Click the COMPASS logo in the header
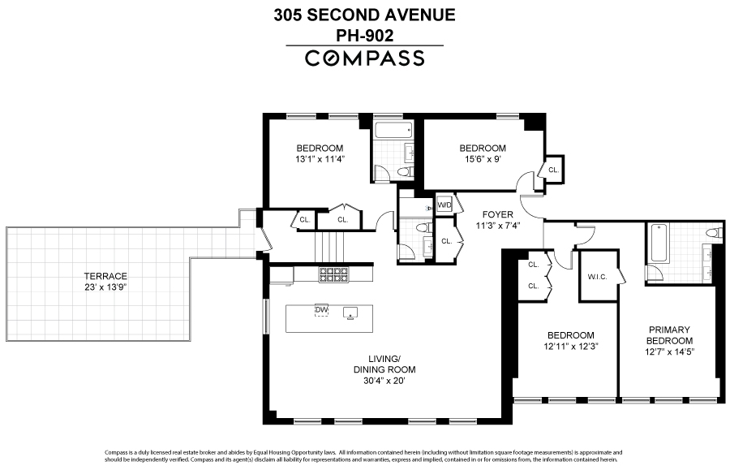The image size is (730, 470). [364, 58]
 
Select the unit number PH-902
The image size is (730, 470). [364, 35]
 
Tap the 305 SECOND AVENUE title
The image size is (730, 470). [364, 14]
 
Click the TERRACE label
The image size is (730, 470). [105, 276]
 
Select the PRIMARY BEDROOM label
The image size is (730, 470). [669, 334]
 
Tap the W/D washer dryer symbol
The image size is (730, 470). [444, 205]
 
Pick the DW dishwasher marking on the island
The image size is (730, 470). [322, 310]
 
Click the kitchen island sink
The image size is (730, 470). [351, 312]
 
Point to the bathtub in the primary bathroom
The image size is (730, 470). [657, 243]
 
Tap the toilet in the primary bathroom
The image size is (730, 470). [712, 233]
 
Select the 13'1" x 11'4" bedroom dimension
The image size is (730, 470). [319, 159]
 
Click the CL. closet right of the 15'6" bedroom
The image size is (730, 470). [553, 170]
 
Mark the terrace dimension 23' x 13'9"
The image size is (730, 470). [105, 287]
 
